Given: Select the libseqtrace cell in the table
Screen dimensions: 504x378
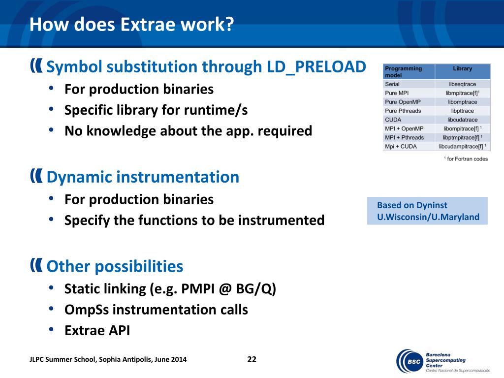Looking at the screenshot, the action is point(463,84).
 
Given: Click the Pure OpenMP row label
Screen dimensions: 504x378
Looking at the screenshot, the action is point(403,102).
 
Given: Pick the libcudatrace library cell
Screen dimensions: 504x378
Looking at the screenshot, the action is point(463,120).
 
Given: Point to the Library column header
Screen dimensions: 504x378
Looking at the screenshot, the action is point(463,68).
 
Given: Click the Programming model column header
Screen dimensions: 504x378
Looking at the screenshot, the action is point(404,72).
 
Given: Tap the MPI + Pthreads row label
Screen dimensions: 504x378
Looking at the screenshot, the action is point(405,138).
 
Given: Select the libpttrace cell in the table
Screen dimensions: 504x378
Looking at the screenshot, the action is point(463,111).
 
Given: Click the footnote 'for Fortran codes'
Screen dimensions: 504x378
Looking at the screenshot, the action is point(466,159).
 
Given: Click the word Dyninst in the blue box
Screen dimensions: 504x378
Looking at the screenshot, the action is point(431,205).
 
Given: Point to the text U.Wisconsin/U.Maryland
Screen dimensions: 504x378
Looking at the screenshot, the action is point(428,217).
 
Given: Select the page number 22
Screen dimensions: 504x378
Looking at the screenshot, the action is point(252,359).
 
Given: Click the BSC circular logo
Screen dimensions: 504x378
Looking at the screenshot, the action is point(410,361).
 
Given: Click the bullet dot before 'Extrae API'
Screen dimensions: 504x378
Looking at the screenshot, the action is point(51,329).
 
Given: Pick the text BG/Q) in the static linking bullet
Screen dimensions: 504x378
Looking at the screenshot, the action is point(256,289).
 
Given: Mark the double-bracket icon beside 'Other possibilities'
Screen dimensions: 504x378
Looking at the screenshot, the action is point(36,265).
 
